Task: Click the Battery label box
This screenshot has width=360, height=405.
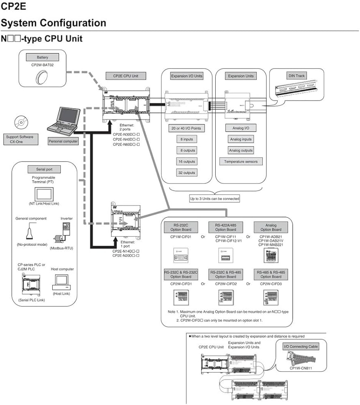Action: [x=42, y=58]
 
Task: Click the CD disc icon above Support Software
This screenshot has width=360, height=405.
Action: [x=19, y=122]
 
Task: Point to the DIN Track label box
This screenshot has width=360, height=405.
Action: [x=297, y=76]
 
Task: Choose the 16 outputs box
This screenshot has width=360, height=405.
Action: [x=186, y=162]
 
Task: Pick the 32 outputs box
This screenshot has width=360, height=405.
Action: [x=186, y=173]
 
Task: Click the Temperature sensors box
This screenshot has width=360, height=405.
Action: [x=241, y=162]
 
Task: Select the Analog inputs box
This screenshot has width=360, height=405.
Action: [x=241, y=139]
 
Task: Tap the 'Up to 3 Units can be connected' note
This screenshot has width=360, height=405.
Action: [x=215, y=199]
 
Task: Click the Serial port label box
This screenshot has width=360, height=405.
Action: [x=43, y=169]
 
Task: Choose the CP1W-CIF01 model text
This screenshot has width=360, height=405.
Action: [x=181, y=237]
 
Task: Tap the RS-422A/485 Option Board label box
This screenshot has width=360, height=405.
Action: [x=226, y=227]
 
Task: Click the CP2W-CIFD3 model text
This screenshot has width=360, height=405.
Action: [x=271, y=284]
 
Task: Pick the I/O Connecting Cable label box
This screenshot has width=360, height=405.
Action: [x=301, y=347]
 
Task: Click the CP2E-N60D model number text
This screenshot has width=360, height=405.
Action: [x=126, y=144]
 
